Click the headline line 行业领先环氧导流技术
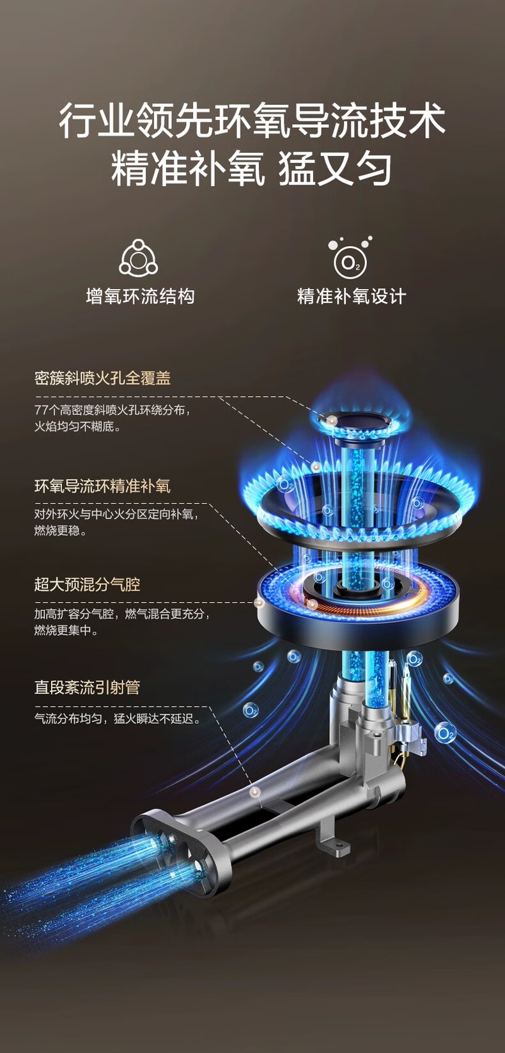[252, 121]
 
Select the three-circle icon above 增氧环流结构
[139, 258]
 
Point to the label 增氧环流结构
[140, 296]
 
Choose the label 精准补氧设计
[351, 296]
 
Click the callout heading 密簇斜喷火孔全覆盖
[102, 378]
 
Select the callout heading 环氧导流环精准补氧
[102, 486]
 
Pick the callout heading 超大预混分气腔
[87, 584]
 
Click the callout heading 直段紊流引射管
[87, 687]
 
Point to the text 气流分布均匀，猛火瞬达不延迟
[118, 719]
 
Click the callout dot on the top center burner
[332, 420]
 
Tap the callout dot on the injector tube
[256, 791]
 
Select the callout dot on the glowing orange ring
[313, 603]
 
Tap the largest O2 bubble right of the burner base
[445, 733]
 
